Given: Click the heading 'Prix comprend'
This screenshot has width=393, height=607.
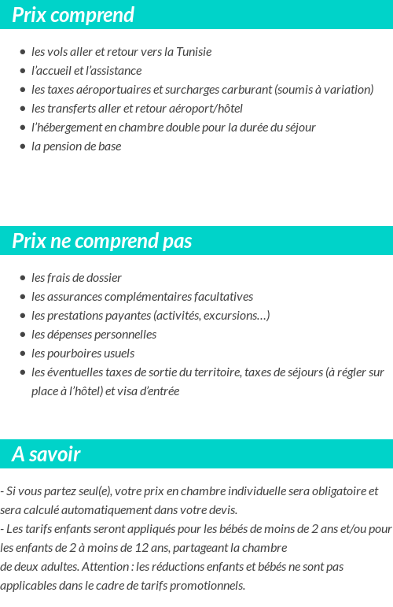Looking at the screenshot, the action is pyautogui.click(x=73, y=15).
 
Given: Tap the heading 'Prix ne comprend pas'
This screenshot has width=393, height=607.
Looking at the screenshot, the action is pyautogui.click(x=102, y=241).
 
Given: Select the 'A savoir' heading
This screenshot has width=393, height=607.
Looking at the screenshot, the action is pyautogui.click(x=46, y=454).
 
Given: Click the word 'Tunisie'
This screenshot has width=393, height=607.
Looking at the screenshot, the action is pyautogui.click(x=192, y=52).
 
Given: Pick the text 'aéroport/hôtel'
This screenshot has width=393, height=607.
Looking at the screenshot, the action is pyautogui.click(x=205, y=109).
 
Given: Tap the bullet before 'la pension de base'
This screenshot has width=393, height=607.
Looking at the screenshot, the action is pyautogui.click(x=23, y=146).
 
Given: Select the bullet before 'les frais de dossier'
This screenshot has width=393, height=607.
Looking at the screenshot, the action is pyautogui.click(x=23, y=278).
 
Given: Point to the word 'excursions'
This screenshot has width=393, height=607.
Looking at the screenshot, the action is pyautogui.click(x=233, y=316).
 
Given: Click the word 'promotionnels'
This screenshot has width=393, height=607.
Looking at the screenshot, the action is pyautogui.click(x=210, y=585).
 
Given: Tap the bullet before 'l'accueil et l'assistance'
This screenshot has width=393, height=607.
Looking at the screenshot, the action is pyautogui.click(x=23, y=71).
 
